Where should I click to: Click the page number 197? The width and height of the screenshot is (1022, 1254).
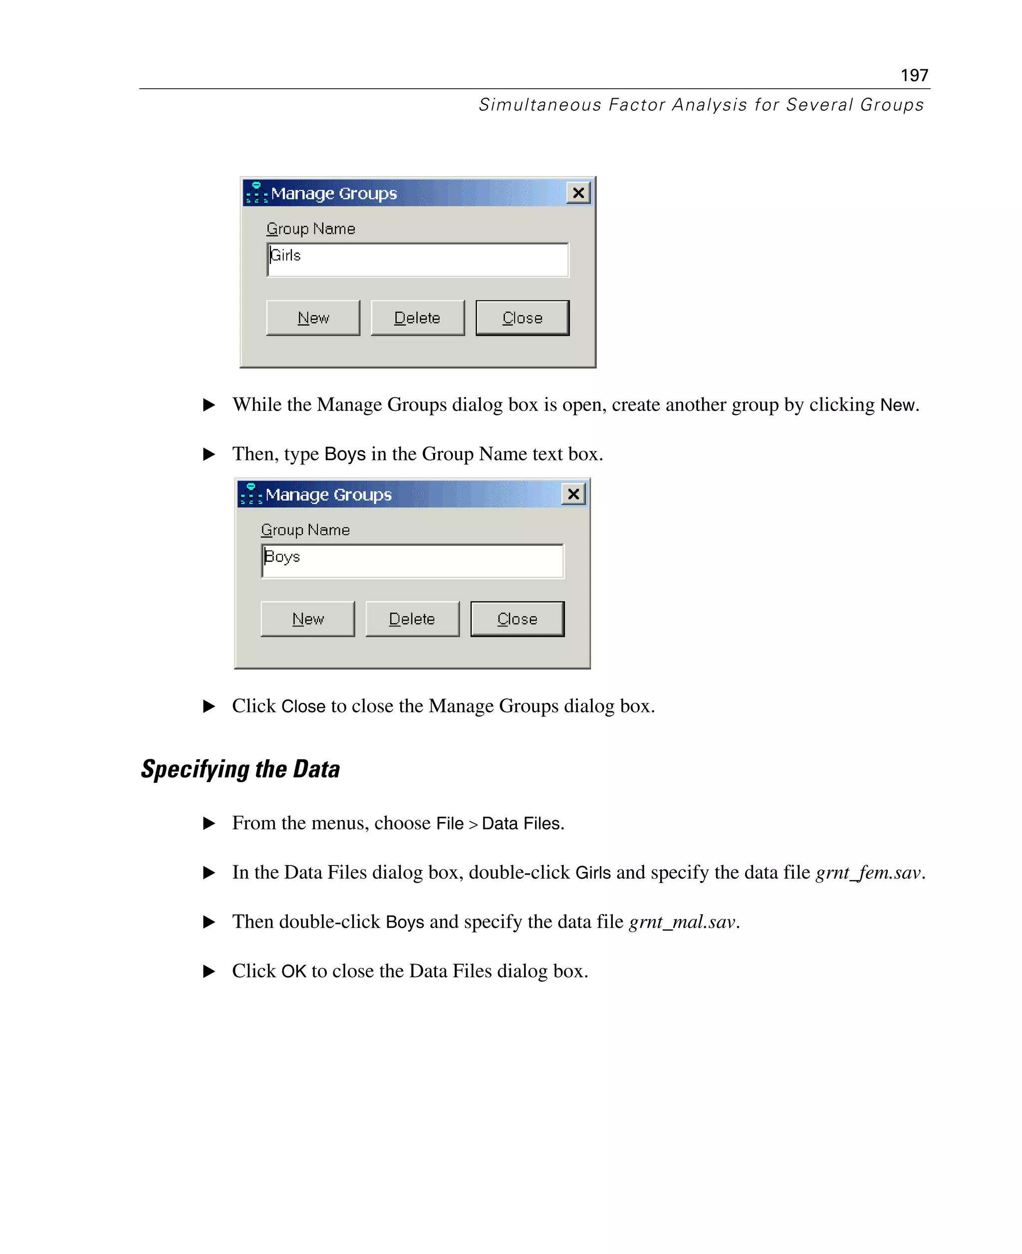point(914,75)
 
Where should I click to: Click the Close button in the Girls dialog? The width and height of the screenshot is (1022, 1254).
point(522,318)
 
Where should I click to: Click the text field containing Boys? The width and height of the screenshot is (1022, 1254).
point(412,561)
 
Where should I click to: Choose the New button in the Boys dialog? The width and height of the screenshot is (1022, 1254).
point(307,619)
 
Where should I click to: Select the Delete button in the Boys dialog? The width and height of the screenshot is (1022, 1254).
point(412,619)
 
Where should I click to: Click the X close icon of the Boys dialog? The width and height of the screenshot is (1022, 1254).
point(573,494)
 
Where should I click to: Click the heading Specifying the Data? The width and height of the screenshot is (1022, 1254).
point(240,769)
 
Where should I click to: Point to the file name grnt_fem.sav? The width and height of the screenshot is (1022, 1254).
point(868,872)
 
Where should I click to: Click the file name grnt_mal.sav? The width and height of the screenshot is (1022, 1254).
point(682,921)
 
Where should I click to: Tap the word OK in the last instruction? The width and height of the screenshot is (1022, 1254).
point(294,971)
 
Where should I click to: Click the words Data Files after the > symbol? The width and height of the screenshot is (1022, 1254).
point(522,823)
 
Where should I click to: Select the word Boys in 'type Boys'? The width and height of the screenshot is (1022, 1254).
point(345,454)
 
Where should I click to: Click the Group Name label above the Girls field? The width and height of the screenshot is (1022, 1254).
point(311,229)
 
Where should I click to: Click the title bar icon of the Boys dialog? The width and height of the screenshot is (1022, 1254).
point(251,494)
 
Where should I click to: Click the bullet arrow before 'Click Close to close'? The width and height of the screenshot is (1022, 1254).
point(209,706)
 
